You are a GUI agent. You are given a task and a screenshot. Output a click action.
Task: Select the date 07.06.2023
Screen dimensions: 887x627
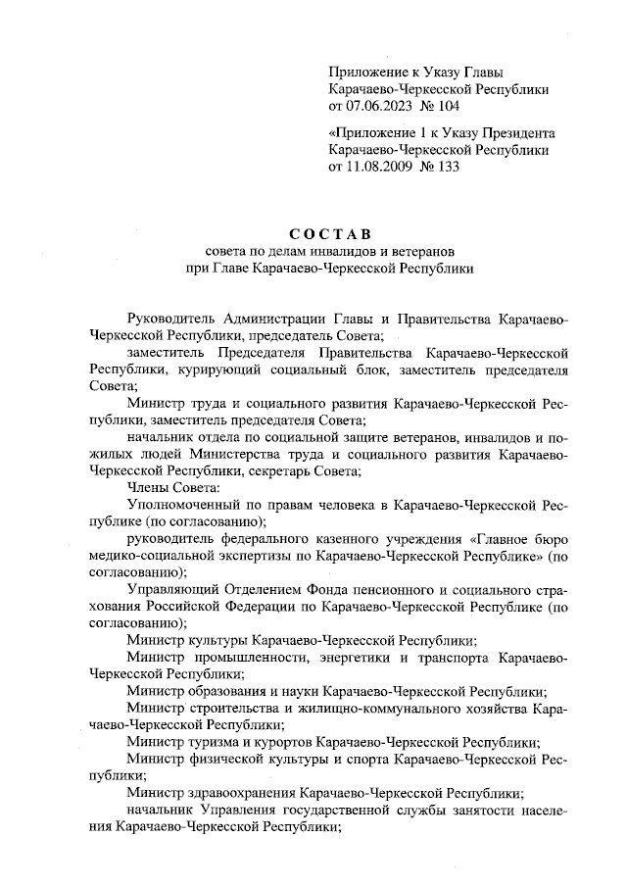tap(382, 105)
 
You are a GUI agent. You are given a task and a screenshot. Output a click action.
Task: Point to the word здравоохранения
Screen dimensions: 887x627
tap(236, 793)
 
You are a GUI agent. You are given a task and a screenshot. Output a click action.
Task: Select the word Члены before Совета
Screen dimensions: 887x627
tap(150, 487)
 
